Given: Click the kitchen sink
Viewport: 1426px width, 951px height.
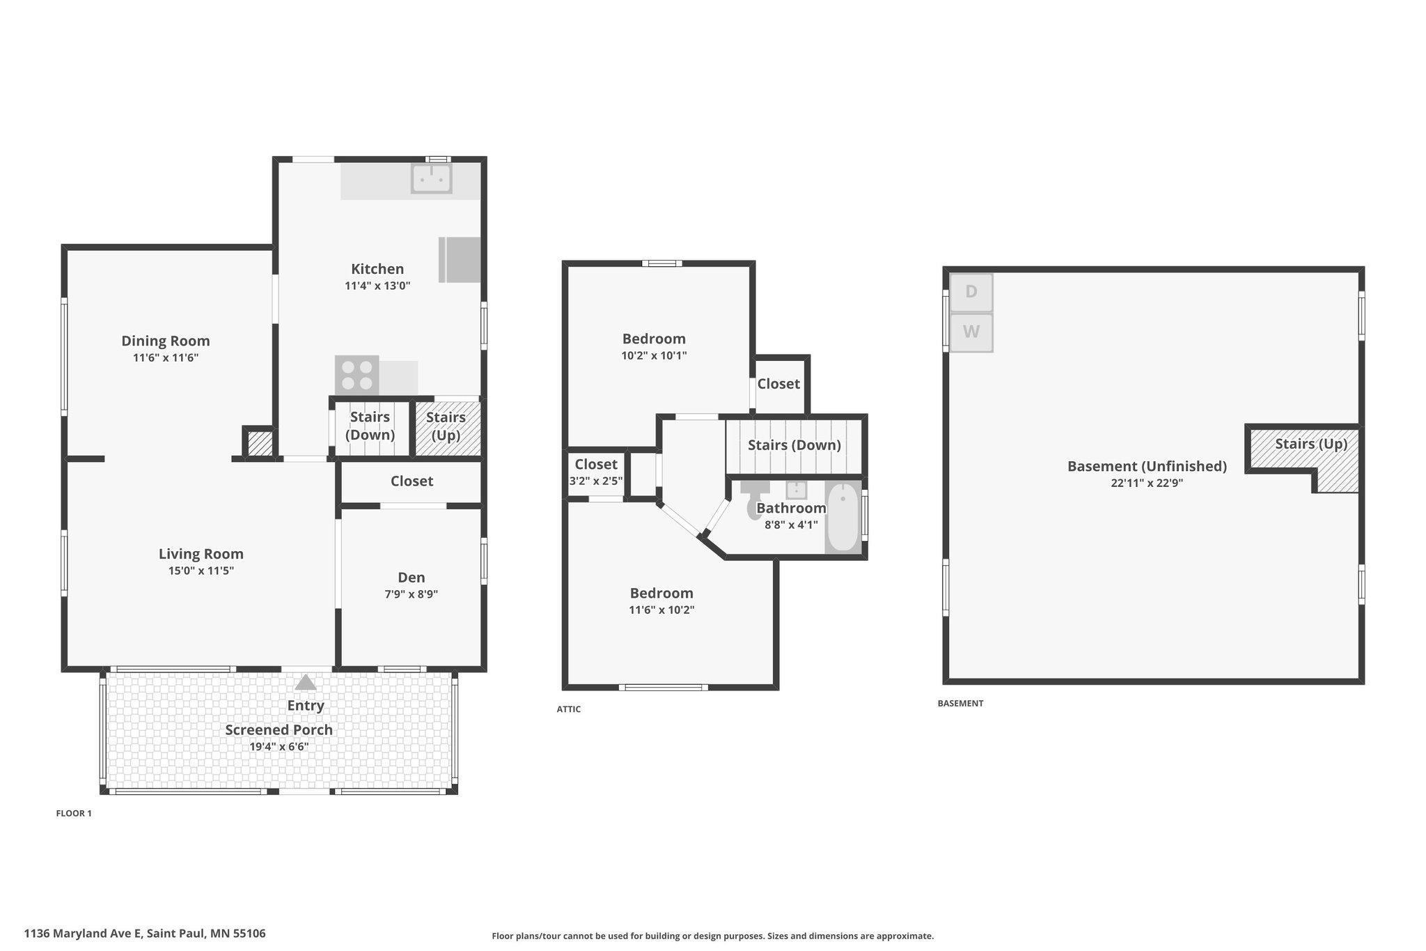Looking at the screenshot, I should [431, 178].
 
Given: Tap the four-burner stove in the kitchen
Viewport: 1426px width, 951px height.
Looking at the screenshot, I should [356, 376].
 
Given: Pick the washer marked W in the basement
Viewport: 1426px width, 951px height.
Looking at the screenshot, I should [971, 332].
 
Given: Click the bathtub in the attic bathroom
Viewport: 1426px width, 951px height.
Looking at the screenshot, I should [843, 518].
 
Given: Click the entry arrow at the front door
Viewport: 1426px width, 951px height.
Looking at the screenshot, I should [305, 682].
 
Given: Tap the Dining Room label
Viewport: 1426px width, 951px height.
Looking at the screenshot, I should [166, 341].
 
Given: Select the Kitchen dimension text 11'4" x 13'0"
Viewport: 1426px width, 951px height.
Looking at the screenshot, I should [377, 286].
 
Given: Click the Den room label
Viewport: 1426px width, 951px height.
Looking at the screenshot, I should [411, 577].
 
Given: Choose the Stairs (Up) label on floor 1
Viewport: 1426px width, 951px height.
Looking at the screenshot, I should [446, 426].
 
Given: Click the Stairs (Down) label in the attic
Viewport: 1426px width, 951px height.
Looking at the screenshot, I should [794, 444].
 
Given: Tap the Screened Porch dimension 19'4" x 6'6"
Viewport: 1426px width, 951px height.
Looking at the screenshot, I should [279, 747].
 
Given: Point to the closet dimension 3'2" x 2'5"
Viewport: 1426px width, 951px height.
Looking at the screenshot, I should [596, 481].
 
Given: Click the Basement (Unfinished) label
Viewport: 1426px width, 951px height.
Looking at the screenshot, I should [1147, 466].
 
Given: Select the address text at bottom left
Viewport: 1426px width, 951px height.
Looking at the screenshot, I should [145, 933].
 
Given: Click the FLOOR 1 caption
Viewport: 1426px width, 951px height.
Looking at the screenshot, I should [74, 813].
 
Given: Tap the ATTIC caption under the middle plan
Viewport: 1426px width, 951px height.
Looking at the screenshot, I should [568, 709].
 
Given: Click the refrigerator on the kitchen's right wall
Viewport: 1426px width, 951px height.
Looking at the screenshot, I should [460, 260].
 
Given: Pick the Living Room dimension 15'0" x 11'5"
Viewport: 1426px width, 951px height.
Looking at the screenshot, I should [201, 571].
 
